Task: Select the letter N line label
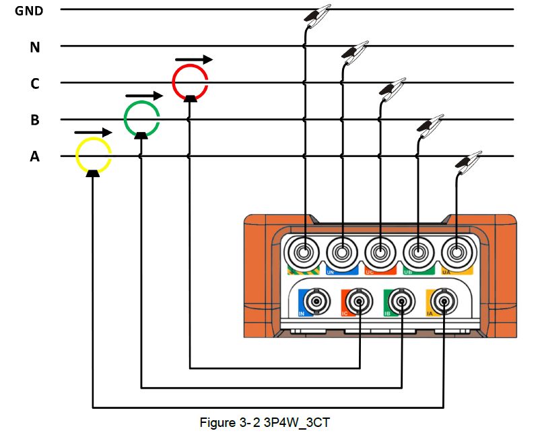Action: (x=34, y=47)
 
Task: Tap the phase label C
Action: (x=34, y=84)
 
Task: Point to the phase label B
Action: (x=34, y=121)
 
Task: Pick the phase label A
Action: (x=34, y=157)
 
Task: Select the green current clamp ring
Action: (x=141, y=119)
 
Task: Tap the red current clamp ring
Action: (x=190, y=81)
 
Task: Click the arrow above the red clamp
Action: (x=193, y=59)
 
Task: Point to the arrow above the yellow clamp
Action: (x=93, y=131)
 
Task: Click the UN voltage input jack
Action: (x=342, y=253)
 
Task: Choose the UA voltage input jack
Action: (x=457, y=253)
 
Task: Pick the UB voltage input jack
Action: (x=419, y=253)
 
